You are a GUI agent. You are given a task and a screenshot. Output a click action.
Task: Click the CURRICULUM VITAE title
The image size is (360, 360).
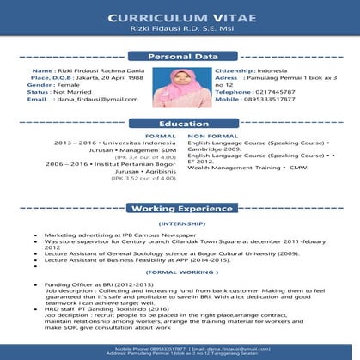[x=180, y=18]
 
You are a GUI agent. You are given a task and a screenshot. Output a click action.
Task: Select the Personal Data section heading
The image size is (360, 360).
[x=180, y=57]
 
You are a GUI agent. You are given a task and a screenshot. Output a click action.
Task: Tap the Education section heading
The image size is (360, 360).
[x=179, y=124]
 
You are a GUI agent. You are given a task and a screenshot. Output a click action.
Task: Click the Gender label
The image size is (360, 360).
[x=40, y=85]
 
